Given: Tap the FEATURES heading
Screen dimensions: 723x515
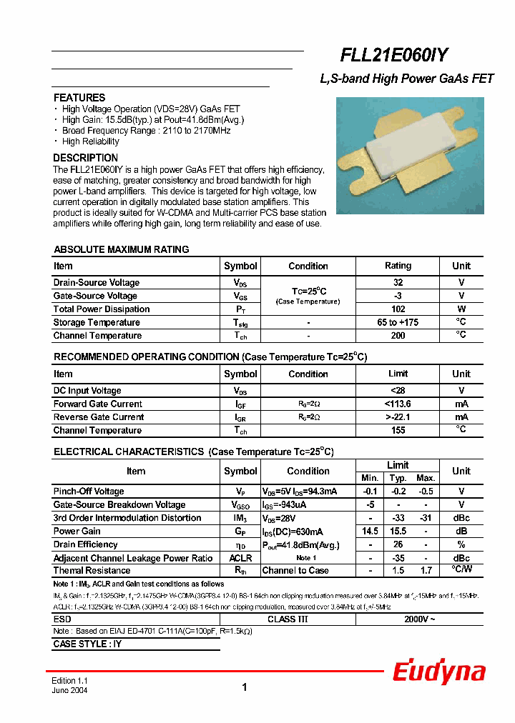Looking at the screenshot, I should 79,98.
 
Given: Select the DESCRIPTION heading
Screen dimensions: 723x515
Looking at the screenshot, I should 86,158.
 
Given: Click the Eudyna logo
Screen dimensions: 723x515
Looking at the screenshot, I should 439,672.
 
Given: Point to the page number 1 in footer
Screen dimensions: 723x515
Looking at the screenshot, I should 245,687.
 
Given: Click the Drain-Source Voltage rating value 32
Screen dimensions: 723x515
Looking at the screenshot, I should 398,283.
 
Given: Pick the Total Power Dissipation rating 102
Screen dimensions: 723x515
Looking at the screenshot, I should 398,309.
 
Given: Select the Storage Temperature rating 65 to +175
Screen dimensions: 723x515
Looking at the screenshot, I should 398,323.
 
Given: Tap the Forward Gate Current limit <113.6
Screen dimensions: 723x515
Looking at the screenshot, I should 398,404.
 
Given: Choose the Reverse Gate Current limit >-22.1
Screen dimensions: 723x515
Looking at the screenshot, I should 398,417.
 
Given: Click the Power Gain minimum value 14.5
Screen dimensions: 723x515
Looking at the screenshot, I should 370,532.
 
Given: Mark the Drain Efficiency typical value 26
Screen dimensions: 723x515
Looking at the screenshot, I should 398,544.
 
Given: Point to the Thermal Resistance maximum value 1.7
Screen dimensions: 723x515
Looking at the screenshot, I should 426,571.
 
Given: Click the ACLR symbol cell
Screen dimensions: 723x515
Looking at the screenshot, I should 240,558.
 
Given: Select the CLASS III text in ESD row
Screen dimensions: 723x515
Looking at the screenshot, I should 288,619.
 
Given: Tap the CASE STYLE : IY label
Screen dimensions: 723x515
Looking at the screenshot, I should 87,644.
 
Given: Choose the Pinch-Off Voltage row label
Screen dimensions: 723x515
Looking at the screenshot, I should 89,492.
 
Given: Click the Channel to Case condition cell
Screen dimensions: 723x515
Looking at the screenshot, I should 295,571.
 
